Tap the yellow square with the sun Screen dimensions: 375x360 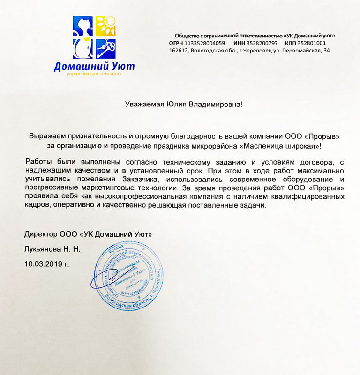click(106, 27)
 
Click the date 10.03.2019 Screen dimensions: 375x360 click(43, 264)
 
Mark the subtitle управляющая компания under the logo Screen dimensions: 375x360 click(94, 75)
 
